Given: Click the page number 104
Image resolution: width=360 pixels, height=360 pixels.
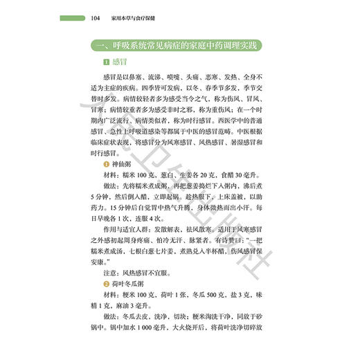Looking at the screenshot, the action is (96, 18).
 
